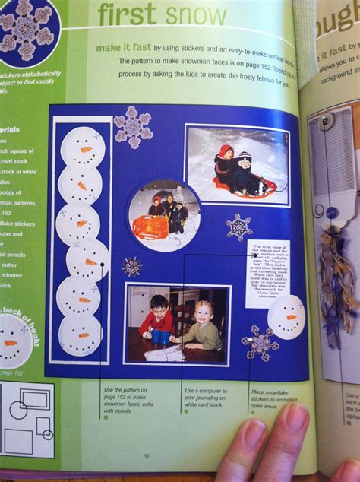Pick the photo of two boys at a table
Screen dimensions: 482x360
tap(177, 323)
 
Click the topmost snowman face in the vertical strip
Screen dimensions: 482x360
tap(82, 145)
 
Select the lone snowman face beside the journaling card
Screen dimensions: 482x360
tap(286, 316)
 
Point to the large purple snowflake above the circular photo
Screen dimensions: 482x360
tap(133, 125)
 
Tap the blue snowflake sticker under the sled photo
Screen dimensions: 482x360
tap(238, 227)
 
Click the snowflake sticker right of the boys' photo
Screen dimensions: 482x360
tap(260, 344)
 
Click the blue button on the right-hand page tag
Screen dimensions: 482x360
tap(331, 212)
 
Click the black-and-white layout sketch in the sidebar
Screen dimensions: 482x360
tap(27, 420)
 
